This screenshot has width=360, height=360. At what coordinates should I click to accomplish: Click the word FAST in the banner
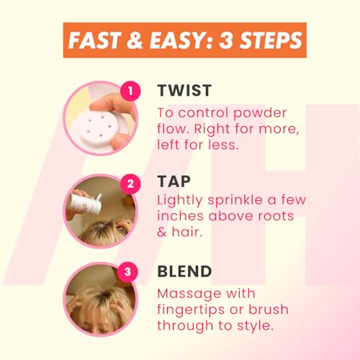click(x=94, y=40)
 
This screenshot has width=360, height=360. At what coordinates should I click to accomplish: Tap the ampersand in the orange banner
click(x=135, y=40)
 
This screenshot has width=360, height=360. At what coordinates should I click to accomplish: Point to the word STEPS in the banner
click(x=271, y=40)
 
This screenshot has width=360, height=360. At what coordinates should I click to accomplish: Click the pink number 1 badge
click(x=130, y=91)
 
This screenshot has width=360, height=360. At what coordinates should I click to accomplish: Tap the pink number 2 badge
click(x=130, y=184)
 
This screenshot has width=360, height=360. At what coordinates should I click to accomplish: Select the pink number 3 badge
click(x=127, y=271)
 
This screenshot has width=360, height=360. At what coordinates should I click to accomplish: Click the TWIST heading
click(x=184, y=91)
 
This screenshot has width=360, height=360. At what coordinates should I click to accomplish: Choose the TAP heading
click(x=174, y=181)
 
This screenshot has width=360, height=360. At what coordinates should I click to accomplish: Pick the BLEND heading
click(x=184, y=271)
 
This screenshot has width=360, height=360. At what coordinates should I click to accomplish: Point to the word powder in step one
click(x=260, y=114)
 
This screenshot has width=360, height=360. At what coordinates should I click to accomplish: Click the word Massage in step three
click(x=189, y=294)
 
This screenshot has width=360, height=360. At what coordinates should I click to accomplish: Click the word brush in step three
click(x=269, y=309)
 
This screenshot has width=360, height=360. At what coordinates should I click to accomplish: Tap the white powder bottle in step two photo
click(x=85, y=204)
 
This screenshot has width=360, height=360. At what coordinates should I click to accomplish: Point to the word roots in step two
click(x=276, y=217)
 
